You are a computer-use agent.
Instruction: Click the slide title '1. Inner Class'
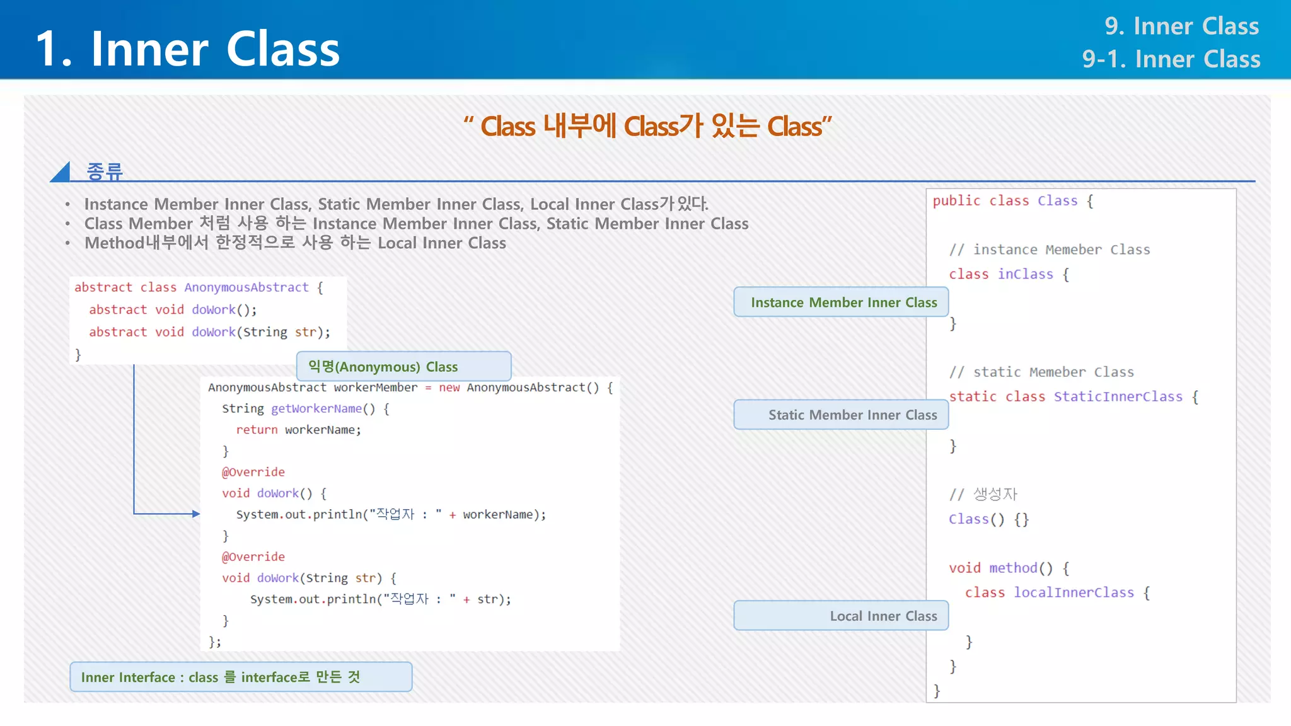tap(188, 49)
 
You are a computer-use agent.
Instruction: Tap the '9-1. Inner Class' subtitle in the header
tap(1171, 59)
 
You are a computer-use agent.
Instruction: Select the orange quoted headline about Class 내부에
tap(647, 127)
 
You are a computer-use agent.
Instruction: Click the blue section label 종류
tap(105, 171)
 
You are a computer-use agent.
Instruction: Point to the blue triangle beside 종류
tap(62, 173)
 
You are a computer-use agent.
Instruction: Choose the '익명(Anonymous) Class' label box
tap(403, 367)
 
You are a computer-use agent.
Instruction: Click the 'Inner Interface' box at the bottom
tap(241, 677)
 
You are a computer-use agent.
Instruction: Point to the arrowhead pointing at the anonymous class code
tap(196, 514)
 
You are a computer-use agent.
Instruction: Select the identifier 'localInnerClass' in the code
tap(1074, 592)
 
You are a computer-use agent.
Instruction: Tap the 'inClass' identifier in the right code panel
tap(1025, 274)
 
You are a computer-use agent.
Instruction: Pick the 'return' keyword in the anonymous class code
tap(257, 430)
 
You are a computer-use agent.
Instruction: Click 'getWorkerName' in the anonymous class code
tap(316, 408)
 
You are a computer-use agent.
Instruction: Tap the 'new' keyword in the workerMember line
tap(449, 388)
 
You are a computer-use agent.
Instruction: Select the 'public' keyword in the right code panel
tap(956, 201)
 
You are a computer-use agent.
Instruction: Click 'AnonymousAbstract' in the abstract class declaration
tap(246, 287)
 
